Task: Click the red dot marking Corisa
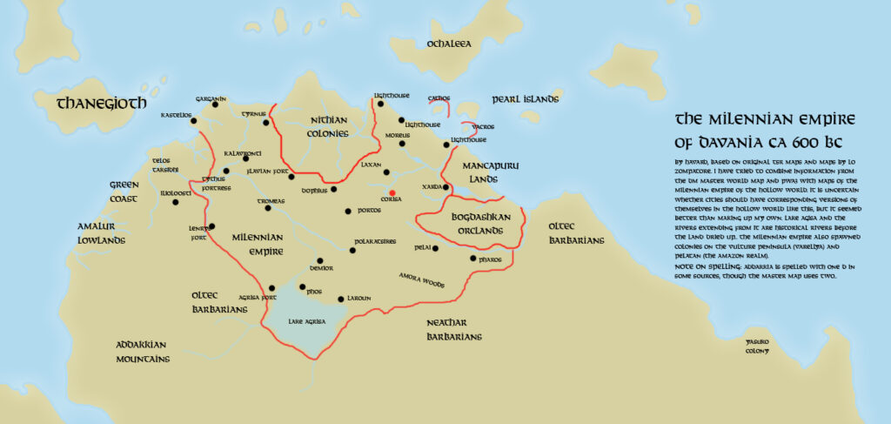[x=392, y=192]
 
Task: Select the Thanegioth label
[x=102, y=104]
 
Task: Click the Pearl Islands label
[x=525, y=99]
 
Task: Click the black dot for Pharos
[x=472, y=259]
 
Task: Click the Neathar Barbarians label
[x=454, y=329]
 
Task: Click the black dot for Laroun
[x=340, y=299]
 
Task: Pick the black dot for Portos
[x=349, y=211]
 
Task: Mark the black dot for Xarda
[x=445, y=187]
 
